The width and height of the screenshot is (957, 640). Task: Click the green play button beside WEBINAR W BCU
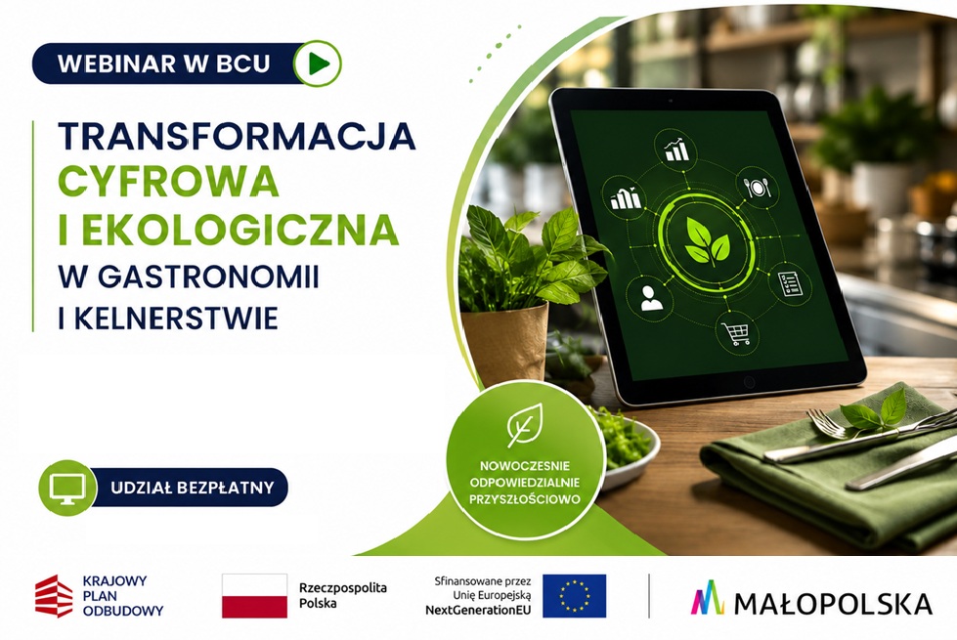click(x=317, y=63)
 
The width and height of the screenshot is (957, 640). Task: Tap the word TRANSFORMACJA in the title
click(x=237, y=136)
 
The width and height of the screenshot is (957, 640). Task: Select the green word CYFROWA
click(x=168, y=182)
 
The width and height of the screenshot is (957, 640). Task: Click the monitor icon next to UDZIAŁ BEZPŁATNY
click(x=67, y=489)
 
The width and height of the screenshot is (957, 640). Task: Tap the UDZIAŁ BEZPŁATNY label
click(x=193, y=488)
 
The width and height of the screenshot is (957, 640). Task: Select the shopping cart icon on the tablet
click(x=737, y=333)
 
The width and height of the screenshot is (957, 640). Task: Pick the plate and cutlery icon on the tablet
click(x=757, y=186)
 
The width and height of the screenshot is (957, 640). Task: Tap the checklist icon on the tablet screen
click(x=791, y=283)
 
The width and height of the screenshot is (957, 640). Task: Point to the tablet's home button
click(x=749, y=383)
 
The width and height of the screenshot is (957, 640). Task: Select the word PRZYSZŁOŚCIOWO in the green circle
click(x=524, y=499)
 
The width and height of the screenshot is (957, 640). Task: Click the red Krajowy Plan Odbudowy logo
click(x=54, y=596)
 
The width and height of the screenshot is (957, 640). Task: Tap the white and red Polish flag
click(x=254, y=595)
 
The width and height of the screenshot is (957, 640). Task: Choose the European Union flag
click(x=575, y=595)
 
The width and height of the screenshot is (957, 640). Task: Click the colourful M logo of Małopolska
click(x=708, y=597)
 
